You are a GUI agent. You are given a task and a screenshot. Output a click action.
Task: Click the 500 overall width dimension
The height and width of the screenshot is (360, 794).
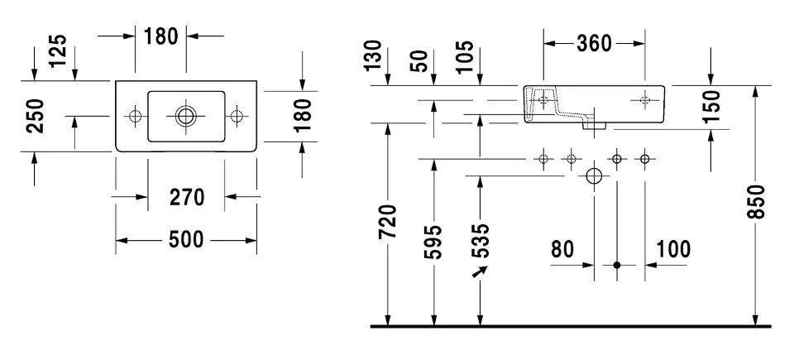(x=186, y=240)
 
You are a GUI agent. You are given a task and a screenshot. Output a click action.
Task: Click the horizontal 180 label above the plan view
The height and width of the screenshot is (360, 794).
(x=161, y=36)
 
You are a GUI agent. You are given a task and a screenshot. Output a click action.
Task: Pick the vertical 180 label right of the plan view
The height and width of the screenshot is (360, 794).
(x=304, y=115)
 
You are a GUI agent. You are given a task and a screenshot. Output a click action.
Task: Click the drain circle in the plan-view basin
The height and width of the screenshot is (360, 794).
(x=186, y=115)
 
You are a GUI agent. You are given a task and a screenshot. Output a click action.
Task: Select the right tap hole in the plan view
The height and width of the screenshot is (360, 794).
(x=238, y=115)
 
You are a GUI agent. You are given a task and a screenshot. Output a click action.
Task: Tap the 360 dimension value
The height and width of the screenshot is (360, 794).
(x=594, y=43)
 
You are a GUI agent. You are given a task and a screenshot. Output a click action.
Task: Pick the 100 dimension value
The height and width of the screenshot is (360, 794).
(x=673, y=248)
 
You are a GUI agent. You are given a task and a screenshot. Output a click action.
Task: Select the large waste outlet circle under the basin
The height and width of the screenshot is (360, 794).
(x=594, y=176)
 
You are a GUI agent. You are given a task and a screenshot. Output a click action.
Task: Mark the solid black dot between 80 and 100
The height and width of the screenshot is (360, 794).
(x=616, y=266)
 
